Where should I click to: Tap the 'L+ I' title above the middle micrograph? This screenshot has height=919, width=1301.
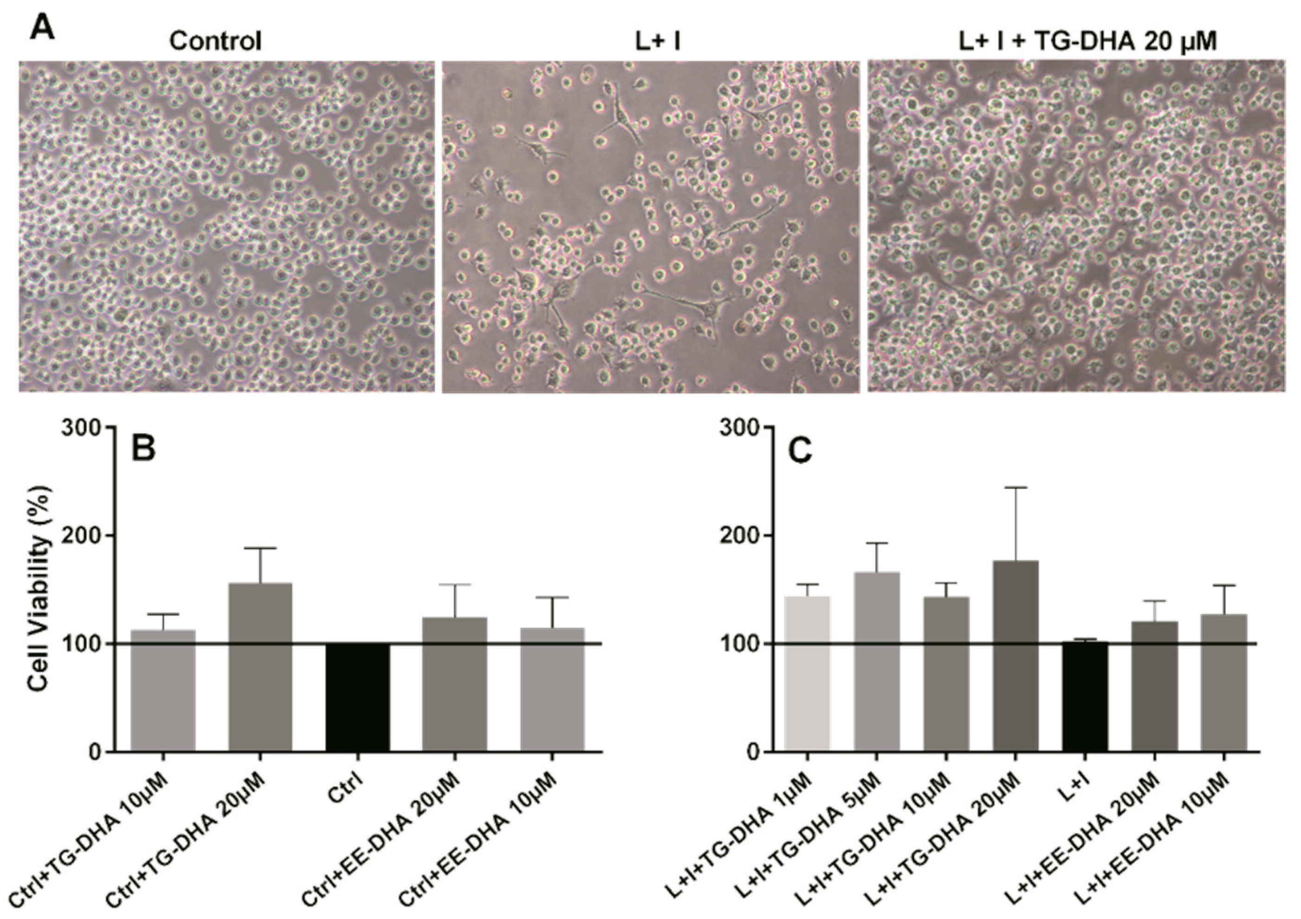657,41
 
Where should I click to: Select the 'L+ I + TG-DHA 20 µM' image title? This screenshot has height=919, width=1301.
1088,41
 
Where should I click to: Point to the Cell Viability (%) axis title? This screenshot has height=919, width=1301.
40,589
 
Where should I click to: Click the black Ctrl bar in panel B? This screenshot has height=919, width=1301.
357,697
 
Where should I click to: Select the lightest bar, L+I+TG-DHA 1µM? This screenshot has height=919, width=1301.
807,674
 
